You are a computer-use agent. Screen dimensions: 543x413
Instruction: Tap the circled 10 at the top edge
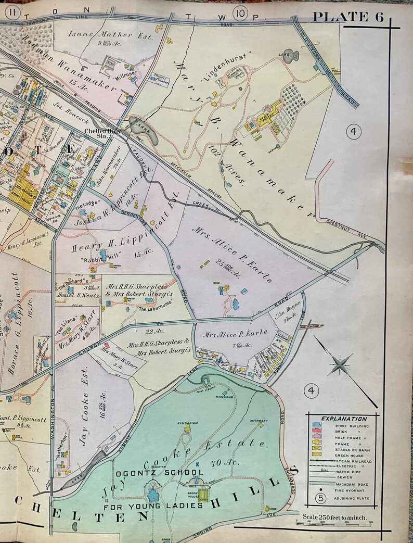point(240,14)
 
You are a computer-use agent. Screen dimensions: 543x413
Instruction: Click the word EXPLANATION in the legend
point(344,419)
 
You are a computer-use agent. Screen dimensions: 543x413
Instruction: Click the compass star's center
point(340,363)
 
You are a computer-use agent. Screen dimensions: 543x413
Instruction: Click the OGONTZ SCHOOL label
point(160,473)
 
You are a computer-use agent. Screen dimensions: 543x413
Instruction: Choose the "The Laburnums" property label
point(155,309)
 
